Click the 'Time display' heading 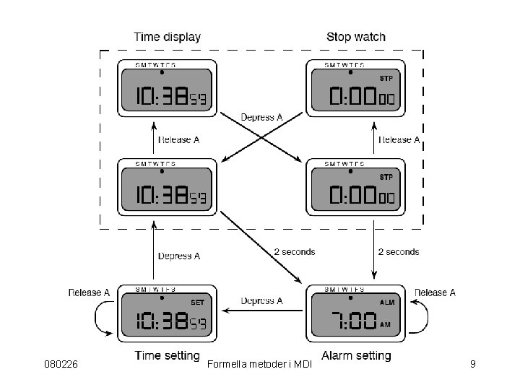168,37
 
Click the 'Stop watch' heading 356,37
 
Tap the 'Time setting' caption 167,355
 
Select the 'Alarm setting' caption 356,355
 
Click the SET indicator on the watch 197,302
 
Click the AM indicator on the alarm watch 385,325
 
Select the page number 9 472,364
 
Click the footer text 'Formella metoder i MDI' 259,364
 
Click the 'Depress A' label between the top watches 261,117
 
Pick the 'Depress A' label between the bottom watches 261,301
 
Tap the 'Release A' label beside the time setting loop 90,292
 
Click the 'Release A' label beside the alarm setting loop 435,292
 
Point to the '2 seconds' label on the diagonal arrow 295,252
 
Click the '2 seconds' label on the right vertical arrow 399,252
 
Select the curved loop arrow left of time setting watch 101,320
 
